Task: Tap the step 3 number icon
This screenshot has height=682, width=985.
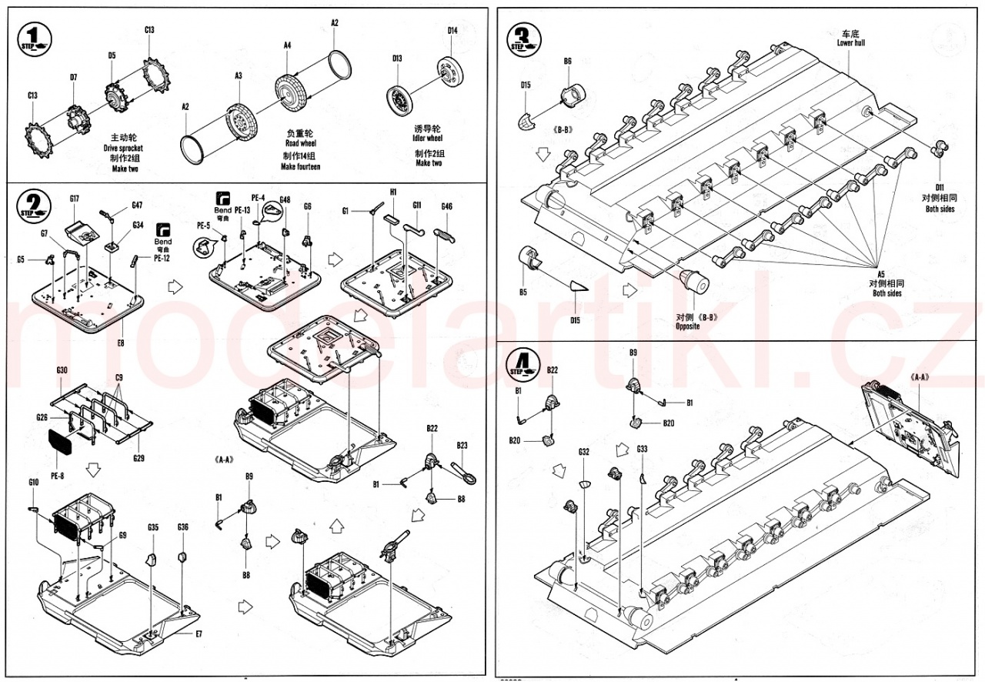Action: pos(526,38)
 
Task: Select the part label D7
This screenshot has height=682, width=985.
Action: pos(74,77)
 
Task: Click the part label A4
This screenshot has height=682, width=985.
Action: pos(287,45)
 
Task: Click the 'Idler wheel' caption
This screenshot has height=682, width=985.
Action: pos(429,139)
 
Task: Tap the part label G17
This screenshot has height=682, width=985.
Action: pos(74,199)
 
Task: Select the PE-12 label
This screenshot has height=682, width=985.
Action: pos(162,259)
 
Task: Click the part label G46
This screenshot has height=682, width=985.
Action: pos(447,206)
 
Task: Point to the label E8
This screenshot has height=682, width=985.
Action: pos(119,342)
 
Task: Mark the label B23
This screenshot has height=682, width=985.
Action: pos(462,445)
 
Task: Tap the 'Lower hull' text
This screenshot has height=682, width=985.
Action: pos(850,43)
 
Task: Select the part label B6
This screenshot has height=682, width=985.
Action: pos(567,61)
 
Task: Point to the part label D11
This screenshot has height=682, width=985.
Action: pos(940,187)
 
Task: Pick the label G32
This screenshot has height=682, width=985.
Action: pos(584,452)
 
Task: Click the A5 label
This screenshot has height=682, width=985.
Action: pos(881,275)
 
